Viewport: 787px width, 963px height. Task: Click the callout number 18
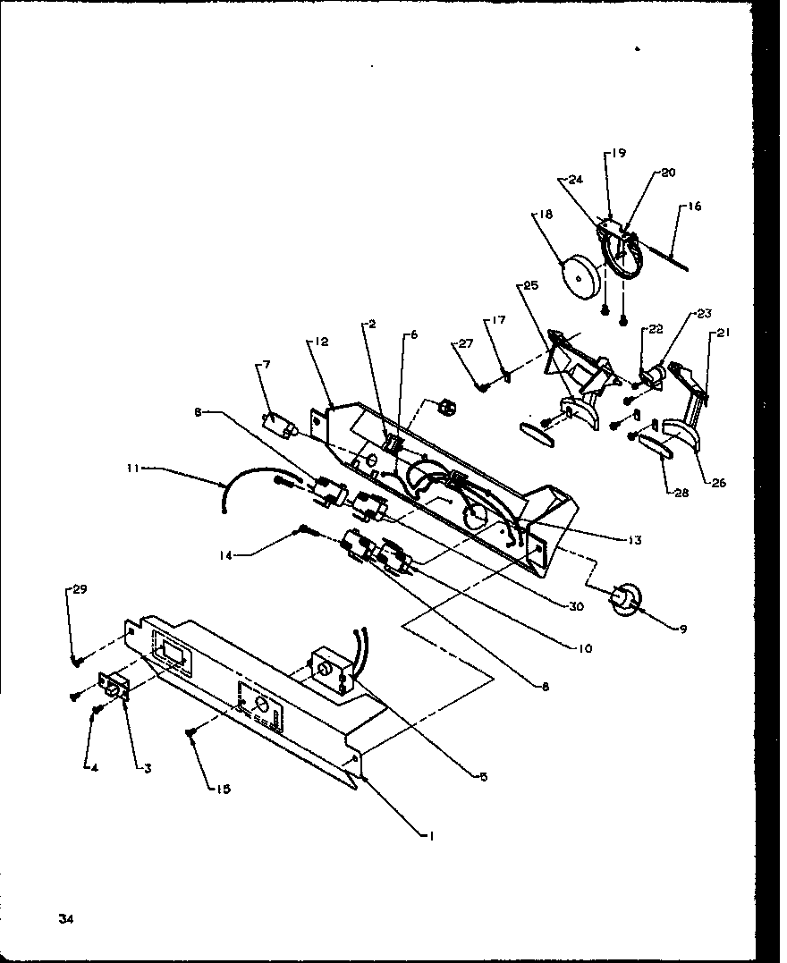tap(546, 215)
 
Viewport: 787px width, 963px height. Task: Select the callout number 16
tap(695, 207)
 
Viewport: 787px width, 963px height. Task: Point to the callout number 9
tap(682, 629)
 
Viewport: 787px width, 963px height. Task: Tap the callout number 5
tap(482, 777)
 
